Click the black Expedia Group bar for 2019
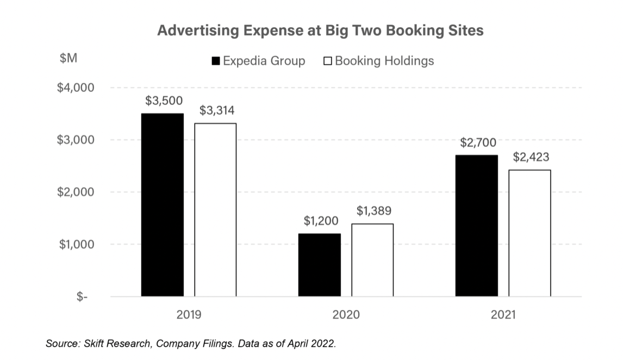click(x=162, y=205)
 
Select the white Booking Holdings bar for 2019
click(x=215, y=210)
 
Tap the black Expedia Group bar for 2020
click(x=319, y=265)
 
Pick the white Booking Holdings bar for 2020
click(x=372, y=260)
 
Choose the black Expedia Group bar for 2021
click(x=476, y=226)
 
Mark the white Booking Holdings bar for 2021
click(x=529, y=233)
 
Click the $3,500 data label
click(x=164, y=101)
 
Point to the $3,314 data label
click(x=216, y=111)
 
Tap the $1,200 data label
click(x=321, y=221)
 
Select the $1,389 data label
click(x=373, y=211)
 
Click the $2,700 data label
click(x=478, y=142)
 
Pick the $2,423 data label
click(x=531, y=157)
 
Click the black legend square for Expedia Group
click(x=216, y=61)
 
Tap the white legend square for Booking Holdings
click(x=327, y=61)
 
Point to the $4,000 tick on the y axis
click(x=76, y=88)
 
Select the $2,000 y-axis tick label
click(x=76, y=192)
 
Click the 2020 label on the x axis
click(x=345, y=314)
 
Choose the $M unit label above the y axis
click(x=68, y=59)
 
